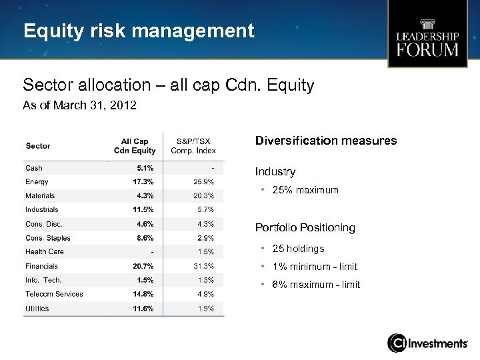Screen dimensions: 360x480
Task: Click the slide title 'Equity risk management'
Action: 139,31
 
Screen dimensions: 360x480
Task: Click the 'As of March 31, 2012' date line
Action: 79,105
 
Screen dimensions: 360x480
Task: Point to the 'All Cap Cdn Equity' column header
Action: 135,146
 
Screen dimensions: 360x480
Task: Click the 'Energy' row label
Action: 37,182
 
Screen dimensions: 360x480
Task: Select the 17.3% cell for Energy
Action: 143,182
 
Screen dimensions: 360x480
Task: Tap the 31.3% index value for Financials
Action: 203,267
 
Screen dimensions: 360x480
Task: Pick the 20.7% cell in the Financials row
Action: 143,267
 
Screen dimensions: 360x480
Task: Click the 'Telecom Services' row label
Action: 54,294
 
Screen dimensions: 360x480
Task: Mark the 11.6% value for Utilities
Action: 143,309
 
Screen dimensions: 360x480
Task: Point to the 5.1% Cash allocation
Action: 145,168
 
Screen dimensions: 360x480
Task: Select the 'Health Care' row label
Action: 45,252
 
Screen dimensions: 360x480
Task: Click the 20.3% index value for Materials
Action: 203,196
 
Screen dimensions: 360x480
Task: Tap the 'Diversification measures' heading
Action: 325,141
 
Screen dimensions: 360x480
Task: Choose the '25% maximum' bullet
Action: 305,190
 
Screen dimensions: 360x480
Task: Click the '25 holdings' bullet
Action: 298,249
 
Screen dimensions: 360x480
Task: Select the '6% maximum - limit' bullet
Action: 316,285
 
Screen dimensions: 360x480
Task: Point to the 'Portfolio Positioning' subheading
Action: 305,228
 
